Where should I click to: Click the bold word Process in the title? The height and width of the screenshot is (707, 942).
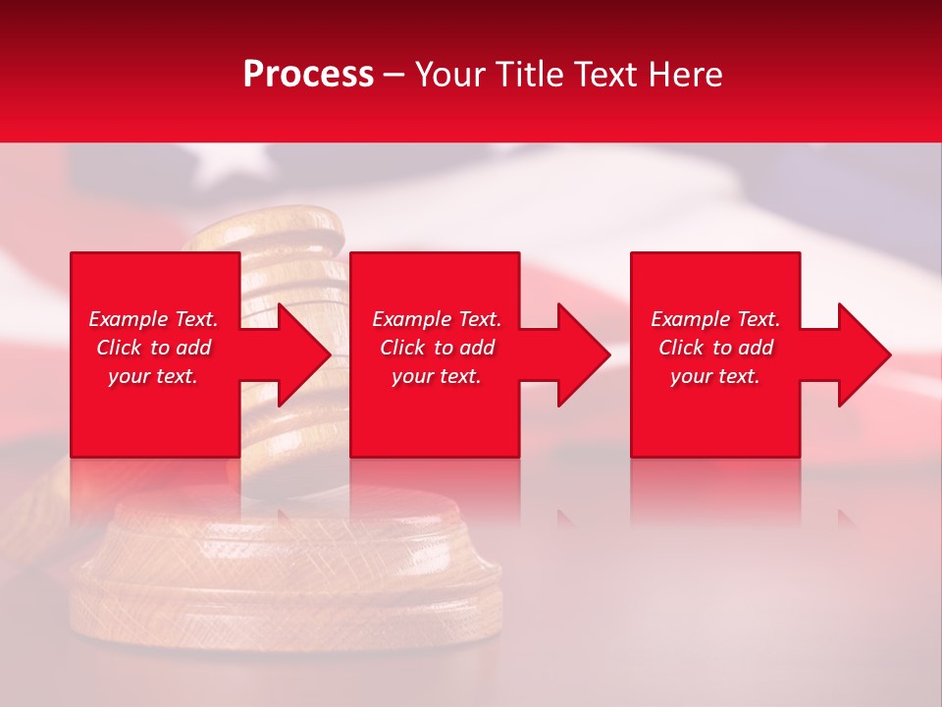coord(308,75)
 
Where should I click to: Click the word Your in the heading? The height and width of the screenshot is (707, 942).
coord(450,75)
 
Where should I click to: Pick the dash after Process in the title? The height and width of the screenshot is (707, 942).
coord(393,76)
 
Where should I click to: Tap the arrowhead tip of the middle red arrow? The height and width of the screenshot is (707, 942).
coord(608,354)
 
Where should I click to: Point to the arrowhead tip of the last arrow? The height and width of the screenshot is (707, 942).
coord(889,354)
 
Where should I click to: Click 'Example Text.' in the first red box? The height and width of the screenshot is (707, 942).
coord(153,319)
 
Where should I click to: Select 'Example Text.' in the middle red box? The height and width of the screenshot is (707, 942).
coord(437,319)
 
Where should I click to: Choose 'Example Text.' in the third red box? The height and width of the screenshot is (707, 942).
coord(715,319)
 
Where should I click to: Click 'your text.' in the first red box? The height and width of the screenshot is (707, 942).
coord(153,376)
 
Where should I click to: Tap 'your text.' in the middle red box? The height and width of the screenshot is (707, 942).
coord(437,376)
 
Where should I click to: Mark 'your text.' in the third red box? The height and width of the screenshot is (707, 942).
coord(715,376)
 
